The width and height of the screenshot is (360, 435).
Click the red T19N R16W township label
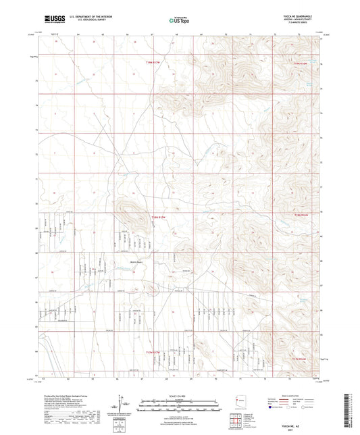coord(301,62)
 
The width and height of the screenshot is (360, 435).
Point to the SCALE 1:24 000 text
coord(178,395)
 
